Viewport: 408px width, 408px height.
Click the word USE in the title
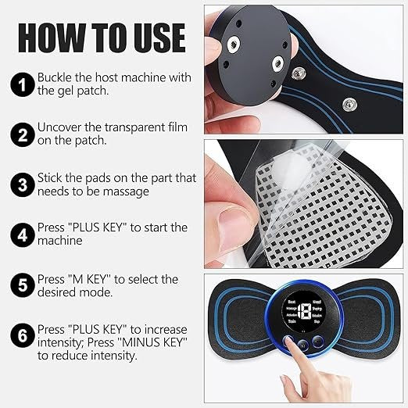point(153,37)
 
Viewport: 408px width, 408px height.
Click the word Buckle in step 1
point(55,77)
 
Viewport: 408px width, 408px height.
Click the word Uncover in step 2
point(59,128)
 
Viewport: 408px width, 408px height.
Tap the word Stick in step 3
point(50,178)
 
